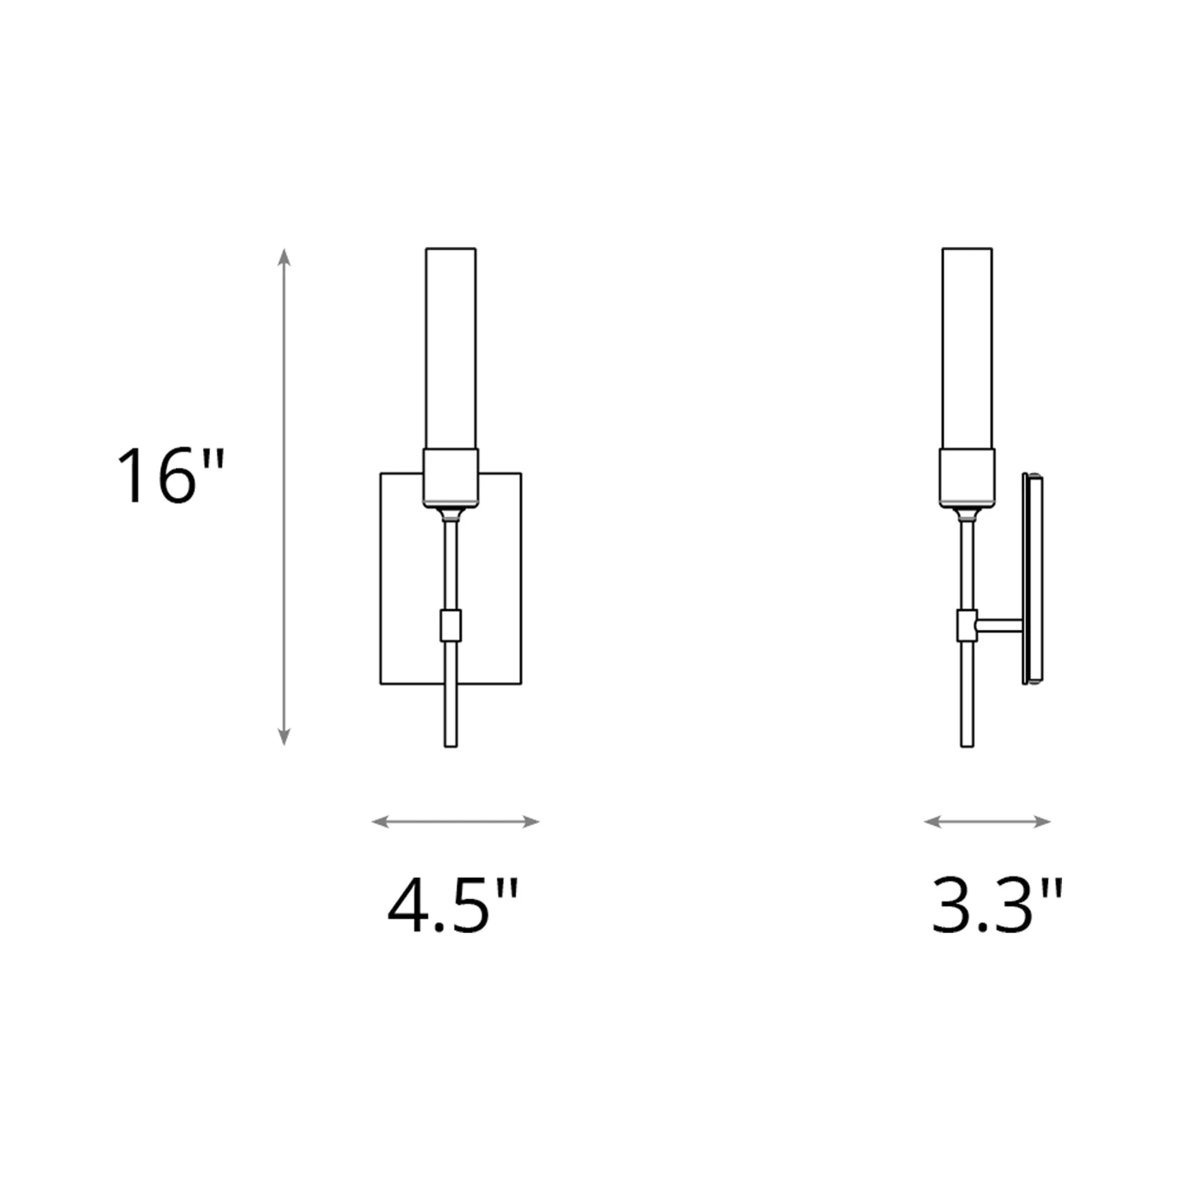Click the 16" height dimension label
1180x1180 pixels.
[x=171, y=476]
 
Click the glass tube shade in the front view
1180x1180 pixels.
[x=451, y=348]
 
